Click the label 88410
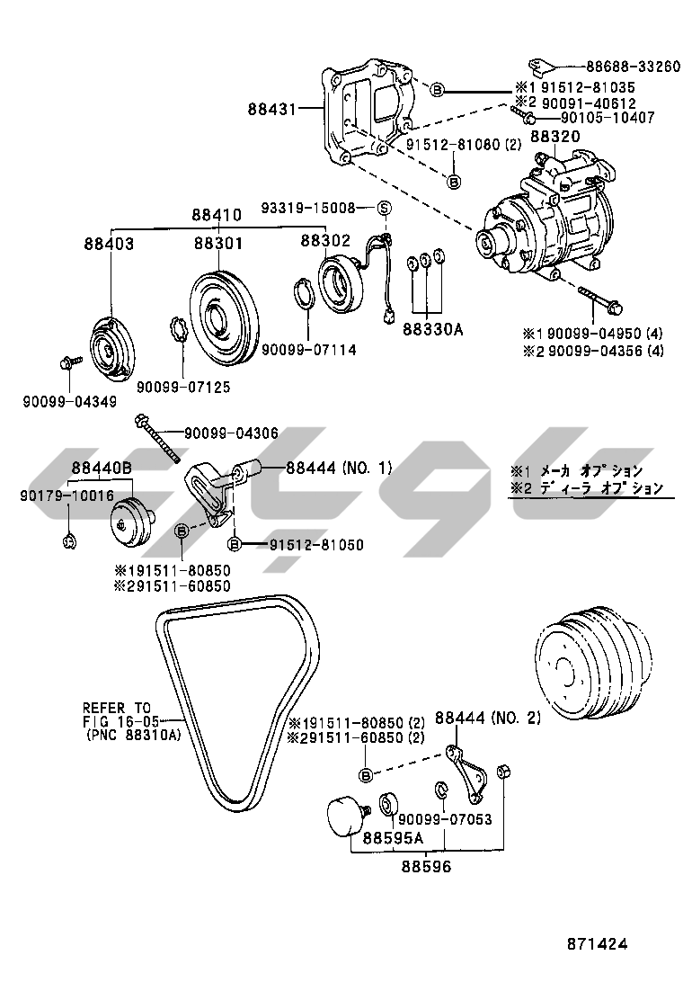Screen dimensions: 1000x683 216,216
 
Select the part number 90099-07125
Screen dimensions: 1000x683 183,388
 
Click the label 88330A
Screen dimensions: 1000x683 432,329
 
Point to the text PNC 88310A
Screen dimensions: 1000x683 134,735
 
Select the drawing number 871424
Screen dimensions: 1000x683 597,944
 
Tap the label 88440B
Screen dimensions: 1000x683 102,469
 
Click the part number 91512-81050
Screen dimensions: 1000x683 315,545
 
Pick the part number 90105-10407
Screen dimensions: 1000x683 608,118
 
